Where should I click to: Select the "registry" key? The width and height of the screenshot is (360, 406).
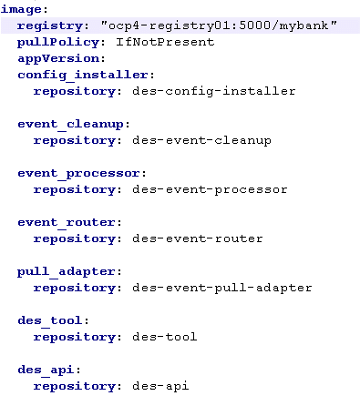(50, 25)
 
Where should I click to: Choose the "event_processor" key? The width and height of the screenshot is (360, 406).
(79, 173)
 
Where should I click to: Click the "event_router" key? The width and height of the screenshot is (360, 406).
(67, 222)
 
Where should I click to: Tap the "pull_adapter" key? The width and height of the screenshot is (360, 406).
(67, 271)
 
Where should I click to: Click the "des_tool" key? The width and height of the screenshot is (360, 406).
(51, 320)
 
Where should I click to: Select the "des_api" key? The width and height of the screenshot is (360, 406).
(47, 370)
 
